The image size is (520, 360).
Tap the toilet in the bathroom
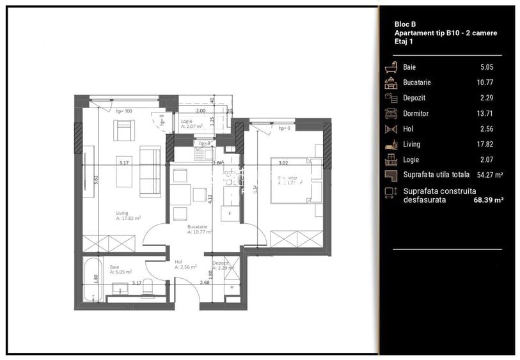point(146,288)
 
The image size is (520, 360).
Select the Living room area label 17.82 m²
point(129,218)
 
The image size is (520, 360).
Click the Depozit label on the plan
point(221,263)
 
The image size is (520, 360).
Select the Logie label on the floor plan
point(187,120)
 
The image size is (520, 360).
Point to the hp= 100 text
point(123,111)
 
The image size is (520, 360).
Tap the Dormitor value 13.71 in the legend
point(487,113)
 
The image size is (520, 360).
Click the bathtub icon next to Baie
point(391,67)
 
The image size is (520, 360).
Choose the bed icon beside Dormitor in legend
point(391,113)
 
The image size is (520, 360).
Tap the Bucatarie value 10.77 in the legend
point(487,82)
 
